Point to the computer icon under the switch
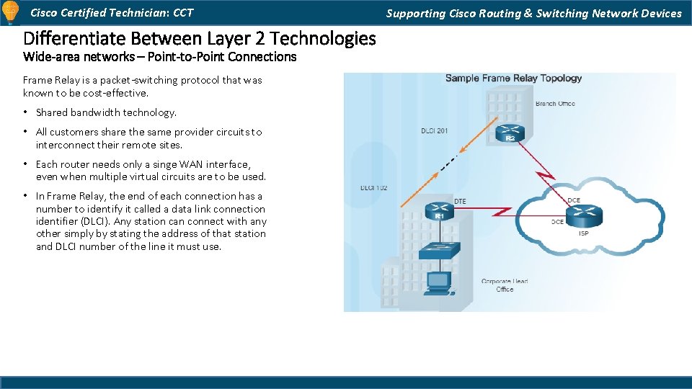[x=437, y=283]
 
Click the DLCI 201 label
[x=435, y=130]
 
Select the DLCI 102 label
[x=374, y=188]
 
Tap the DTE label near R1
[x=460, y=201]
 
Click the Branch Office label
[x=555, y=104]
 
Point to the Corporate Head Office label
[x=505, y=285]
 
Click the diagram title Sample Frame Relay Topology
[x=513, y=78]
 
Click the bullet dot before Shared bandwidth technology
[x=25, y=112]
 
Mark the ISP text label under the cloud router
[x=583, y=233]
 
